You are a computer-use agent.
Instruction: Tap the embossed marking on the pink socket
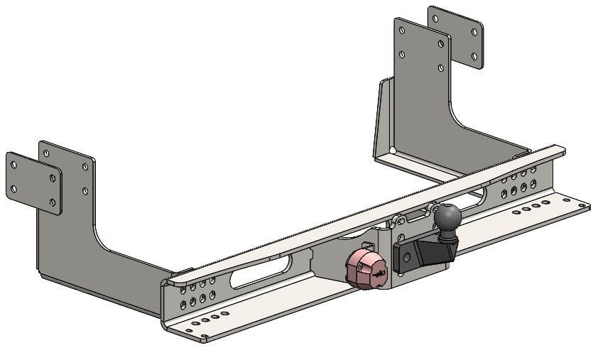(x=378, y=273)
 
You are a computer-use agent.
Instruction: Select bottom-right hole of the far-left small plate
(x=53, y=202)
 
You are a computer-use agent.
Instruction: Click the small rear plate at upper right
(x=455, y=37)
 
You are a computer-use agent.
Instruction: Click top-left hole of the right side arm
(x=403, y=31)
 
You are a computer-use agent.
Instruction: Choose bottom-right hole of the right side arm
(x=441, y=67)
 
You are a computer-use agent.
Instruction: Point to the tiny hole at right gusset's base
(x=393, y=149)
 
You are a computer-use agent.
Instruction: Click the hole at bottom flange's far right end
(x=581, y=206)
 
